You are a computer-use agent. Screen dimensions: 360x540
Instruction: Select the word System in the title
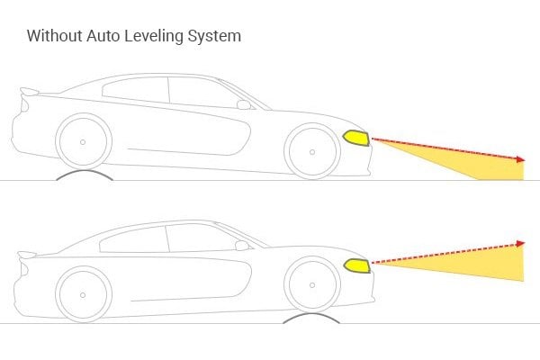click(215, 38)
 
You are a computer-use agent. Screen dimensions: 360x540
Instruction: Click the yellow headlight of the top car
click(356, 138)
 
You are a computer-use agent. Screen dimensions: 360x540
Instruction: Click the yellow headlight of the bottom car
click(356, 265)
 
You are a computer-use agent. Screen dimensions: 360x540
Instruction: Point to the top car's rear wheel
click(84, 142)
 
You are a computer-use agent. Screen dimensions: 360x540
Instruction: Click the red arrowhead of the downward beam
click(520, 159)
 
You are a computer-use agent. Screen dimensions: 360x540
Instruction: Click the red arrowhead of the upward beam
click(520, 243)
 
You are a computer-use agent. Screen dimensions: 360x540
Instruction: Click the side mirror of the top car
click(243, 104)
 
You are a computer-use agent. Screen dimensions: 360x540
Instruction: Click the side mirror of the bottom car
click(241, 244)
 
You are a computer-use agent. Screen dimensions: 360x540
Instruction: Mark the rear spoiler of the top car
click(31, 91)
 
